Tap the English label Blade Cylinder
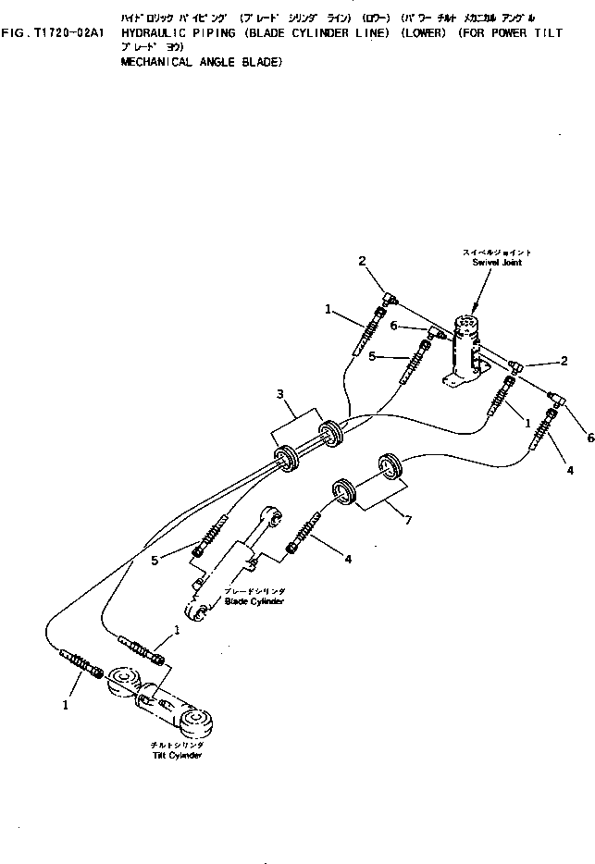(x=254, y=601)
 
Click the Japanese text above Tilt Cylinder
(x=179, y=744)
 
